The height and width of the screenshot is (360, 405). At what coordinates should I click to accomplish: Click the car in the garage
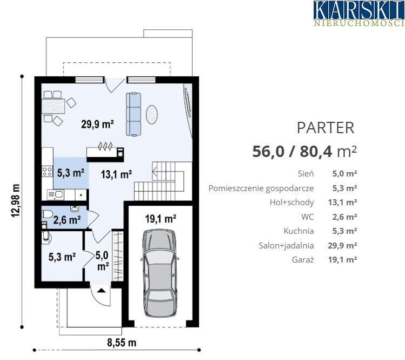pos(160,273)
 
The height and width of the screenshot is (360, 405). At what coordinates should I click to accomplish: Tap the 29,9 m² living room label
pos(97,124)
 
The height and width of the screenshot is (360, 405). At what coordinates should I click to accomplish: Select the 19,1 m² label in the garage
pos(161,219)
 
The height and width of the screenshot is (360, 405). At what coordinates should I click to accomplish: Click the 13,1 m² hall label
pos(116,174)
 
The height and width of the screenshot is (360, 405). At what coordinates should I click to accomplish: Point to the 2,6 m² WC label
pos(67,220)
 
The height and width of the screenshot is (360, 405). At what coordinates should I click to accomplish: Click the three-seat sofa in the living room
pos(134,114)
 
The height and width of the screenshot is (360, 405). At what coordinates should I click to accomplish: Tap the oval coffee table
pos(151,114)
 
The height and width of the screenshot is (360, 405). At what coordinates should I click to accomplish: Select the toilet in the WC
pos(47,214)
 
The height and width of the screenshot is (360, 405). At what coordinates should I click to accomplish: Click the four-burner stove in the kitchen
pos(47,172)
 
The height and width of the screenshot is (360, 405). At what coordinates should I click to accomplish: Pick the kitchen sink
pos(55,195)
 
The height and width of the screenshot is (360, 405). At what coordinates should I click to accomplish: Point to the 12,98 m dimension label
pos(16,201)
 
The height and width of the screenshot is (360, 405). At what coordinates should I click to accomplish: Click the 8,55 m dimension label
pos(122,343)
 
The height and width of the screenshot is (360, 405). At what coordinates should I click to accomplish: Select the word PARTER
pos(326,128)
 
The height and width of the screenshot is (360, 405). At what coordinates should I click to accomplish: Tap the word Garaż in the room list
pos(303,259)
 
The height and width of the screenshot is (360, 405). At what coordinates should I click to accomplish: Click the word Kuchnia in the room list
pos(299,231)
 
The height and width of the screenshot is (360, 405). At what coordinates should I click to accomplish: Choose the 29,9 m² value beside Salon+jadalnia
pos(342,245)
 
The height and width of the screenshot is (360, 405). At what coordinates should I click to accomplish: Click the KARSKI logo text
pos(359,10)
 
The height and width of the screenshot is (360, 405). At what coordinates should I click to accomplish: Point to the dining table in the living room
pos(53,106)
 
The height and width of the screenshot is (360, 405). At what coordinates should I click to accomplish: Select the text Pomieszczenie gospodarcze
pos(261,188)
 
